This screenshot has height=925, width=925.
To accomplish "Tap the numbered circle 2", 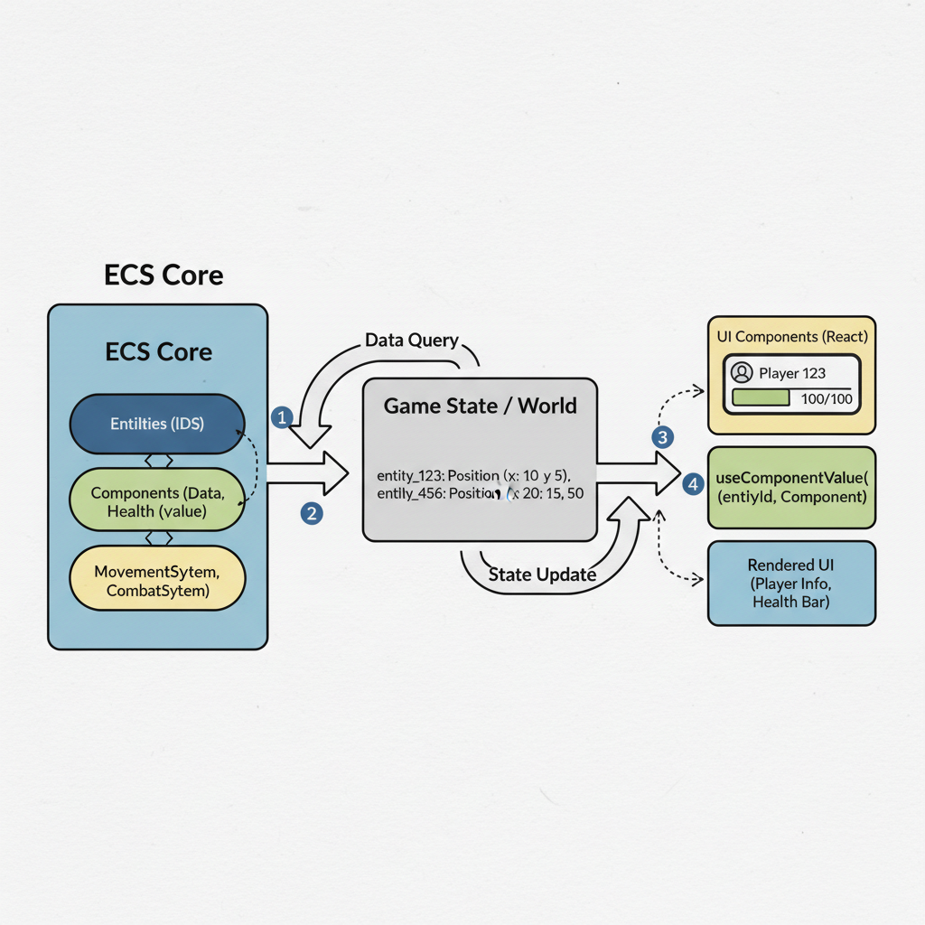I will coord(312,513).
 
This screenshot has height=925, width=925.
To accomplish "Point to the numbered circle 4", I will coord(693,484).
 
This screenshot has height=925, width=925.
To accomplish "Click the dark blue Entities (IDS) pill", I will coord(156,424).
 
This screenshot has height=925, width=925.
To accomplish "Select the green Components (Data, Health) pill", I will coord(156,502).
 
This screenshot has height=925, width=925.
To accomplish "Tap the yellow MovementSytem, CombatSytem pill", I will coord(156,581).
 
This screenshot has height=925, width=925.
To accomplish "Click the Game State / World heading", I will coord(480,406).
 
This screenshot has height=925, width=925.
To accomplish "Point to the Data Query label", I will coord(412,341).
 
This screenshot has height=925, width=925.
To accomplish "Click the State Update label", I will coord(542,575).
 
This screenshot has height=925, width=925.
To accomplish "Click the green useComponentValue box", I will coord(791,488).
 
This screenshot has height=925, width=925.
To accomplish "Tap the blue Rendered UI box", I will coord(791,584).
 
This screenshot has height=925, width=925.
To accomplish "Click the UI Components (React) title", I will coord(791,337).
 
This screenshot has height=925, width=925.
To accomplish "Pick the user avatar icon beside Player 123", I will coord(742,372).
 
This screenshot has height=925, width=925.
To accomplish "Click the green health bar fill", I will coord(761,398).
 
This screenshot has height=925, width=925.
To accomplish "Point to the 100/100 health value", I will coord(827,398).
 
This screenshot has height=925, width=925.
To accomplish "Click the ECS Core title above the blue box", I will coord(164,275).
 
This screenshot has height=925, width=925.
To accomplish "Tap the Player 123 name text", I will coord(792,372).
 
